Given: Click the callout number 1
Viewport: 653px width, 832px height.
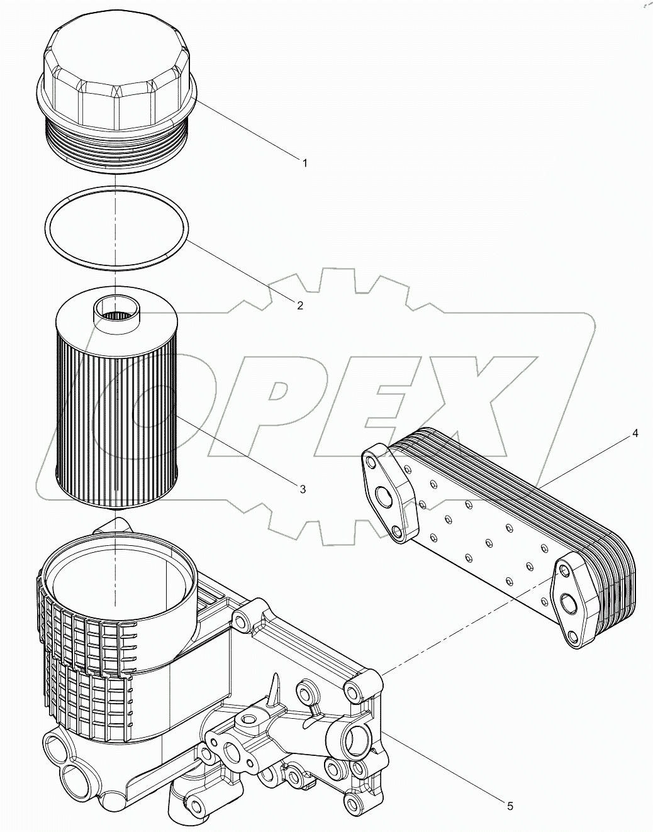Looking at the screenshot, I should [304, 163].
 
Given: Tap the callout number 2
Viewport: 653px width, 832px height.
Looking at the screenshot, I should [300, 306].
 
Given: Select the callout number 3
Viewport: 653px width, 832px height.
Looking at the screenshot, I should [303, 489].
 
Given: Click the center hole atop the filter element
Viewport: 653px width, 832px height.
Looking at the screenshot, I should [117, 311].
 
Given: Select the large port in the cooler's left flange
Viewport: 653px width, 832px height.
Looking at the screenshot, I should [384, 497].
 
